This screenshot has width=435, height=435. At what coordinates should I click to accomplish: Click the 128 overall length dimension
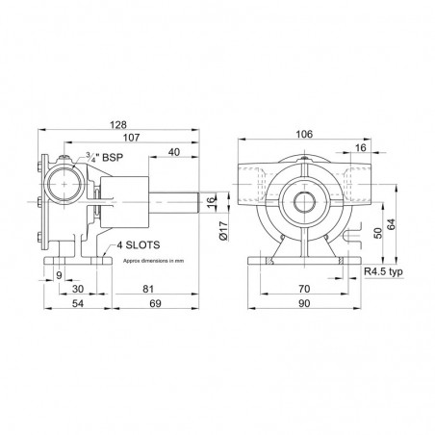[118, 124]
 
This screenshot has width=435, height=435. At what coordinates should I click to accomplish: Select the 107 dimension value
[132, 138]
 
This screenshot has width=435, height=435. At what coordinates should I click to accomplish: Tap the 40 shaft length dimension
[174, 152]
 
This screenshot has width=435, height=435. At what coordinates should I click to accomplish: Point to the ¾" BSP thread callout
[104, 157]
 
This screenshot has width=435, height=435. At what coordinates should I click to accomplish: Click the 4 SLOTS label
[139, 245]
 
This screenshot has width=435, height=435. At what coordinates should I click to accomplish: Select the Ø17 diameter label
[223, 231]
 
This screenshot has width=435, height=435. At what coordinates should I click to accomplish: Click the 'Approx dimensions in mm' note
[154, 261]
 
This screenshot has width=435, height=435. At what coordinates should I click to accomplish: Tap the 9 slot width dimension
[59, 275]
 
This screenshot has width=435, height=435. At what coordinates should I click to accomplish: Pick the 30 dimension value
[78, 289]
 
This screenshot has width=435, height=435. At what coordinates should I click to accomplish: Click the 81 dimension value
[148, 289]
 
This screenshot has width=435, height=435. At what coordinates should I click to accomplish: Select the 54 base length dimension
[78, 303]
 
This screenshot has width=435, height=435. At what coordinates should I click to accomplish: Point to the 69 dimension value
[155, 303]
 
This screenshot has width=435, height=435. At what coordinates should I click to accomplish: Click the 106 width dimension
[304, 134]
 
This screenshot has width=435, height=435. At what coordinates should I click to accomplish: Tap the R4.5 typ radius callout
[383, 272]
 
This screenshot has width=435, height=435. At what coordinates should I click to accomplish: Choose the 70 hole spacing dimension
[304, 289]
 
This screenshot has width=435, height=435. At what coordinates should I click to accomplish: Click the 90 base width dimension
[304, 303]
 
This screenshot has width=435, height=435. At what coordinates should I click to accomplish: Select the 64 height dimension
[391, 224]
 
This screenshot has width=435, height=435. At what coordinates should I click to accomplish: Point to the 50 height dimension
[378, 233]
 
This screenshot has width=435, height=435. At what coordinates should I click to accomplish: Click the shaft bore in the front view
[303, 202]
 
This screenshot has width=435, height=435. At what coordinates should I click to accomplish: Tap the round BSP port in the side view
[64, 184]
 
